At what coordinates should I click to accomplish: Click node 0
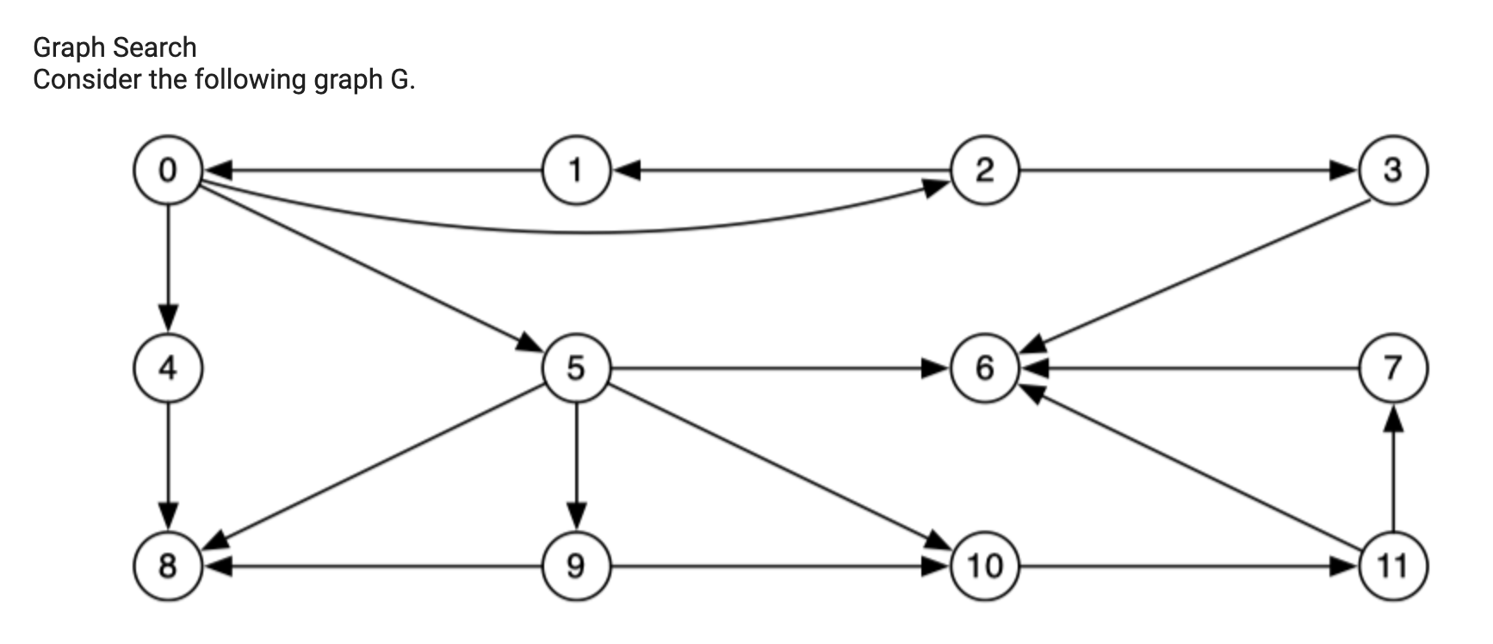pos(168,170)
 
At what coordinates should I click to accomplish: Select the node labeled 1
pos(576,170)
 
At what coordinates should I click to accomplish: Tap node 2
pos(985,170)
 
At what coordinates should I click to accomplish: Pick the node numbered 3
pos(1392,170)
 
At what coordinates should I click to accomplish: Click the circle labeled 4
pos(168,368)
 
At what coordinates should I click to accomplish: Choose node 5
pos(576,368)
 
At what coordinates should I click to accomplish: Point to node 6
pos(985,368)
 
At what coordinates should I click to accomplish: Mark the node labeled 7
pos(1392,368)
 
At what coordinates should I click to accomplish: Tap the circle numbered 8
pos(168,566)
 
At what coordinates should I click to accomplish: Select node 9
pos(576,566)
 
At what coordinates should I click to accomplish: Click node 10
pos(985,566)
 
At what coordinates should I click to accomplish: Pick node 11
pos(1392,566)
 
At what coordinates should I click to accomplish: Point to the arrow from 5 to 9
pos(576,465)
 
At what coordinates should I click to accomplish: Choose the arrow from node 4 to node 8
pos(168,465)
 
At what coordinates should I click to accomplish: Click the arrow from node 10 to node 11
pos(1188,567)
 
